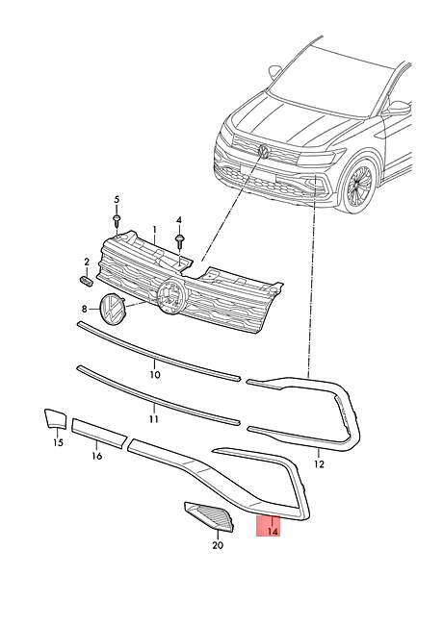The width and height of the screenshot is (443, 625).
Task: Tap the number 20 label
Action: tap(217, 545)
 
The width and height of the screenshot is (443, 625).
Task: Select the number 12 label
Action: tap(319, 463)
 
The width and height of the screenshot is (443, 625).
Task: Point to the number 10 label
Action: tap(154, 374)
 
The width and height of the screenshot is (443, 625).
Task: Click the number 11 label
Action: tap(154, 420)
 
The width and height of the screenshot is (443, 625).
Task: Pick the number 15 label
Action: tap(57, 442)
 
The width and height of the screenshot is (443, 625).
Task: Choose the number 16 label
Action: tap(96, 457)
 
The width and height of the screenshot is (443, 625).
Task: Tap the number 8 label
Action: tap(84, 309)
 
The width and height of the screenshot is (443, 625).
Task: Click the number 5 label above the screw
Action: tap(117, 200)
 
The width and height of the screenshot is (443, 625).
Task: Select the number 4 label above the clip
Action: tap(178, 220)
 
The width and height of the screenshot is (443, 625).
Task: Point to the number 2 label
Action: tap(86, 262)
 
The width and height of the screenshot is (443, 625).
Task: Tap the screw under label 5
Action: tap(117, 220)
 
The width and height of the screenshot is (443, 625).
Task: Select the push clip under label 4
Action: tap(179, 238)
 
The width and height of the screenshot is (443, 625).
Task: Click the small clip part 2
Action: tap(85, 280)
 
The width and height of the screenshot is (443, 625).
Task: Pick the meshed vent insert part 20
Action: tap(210, 517)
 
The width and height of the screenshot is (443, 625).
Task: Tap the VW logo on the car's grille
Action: tap(263, 151)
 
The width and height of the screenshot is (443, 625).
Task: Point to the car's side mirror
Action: tap(395, 109)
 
